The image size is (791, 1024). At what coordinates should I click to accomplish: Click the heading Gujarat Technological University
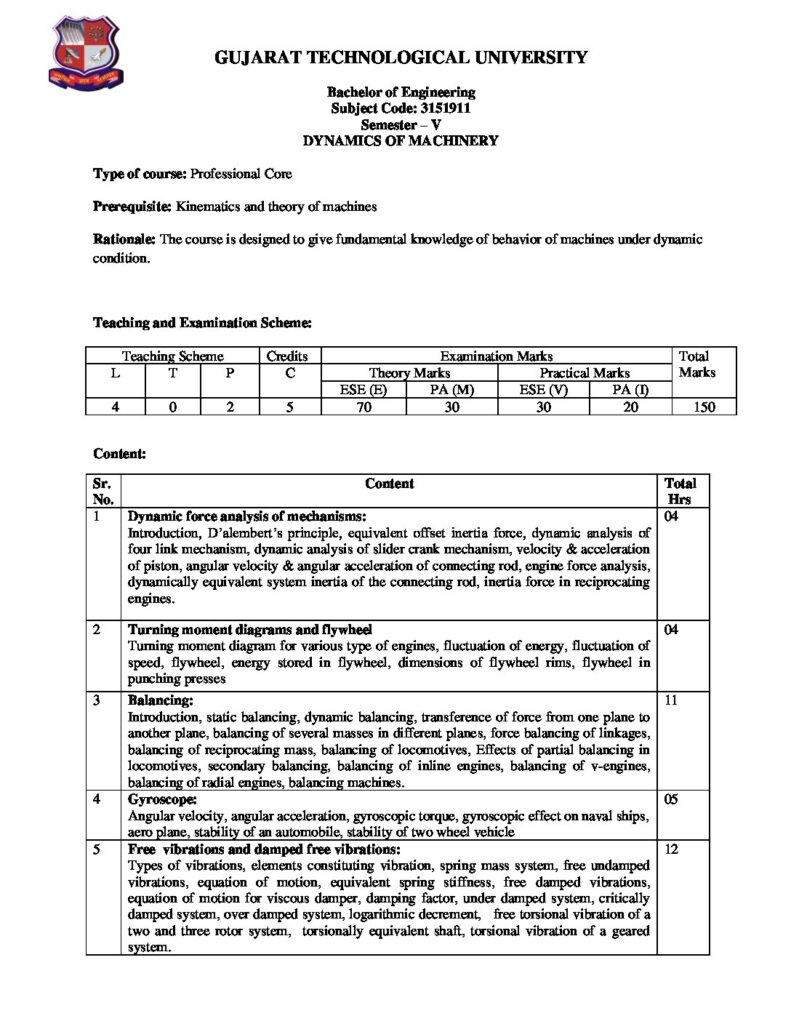(401, 59)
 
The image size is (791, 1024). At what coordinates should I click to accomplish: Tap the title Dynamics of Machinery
(400, 141)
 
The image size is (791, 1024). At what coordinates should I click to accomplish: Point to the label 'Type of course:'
(138, 174)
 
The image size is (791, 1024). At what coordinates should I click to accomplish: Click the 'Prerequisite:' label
(132, 207)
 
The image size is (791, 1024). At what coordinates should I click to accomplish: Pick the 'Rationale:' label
(124, 240)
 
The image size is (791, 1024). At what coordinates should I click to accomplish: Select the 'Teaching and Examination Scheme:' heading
(202, 323)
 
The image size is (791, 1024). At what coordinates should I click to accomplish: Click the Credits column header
(287, 356)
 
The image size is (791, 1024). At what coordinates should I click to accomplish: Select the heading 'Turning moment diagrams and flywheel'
(250, 630)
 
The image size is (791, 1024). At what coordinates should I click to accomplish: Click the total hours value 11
(671, 701)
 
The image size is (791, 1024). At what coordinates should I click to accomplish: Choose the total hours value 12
(671, 847)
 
